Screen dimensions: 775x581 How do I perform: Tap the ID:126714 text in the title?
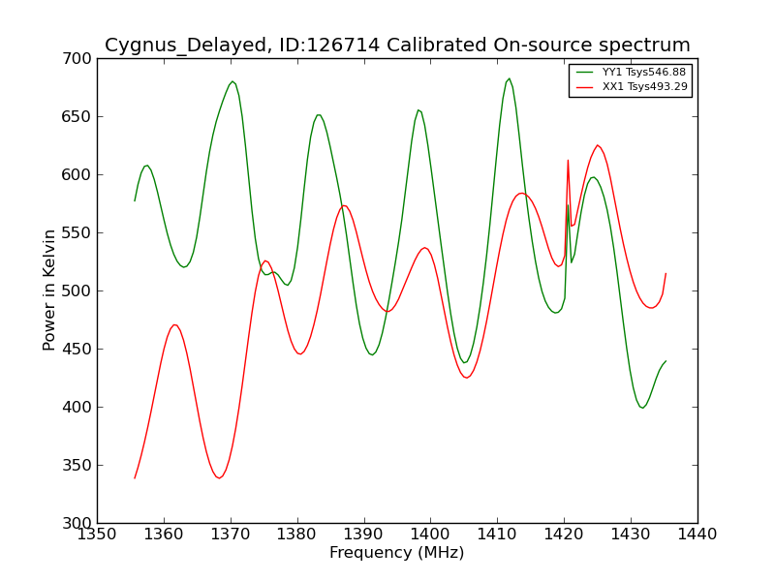tap(329, 45)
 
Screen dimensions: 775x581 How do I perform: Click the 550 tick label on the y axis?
tap(77, 232)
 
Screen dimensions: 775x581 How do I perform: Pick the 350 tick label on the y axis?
tap(77, 466)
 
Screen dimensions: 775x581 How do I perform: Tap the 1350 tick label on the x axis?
tap(97, 535)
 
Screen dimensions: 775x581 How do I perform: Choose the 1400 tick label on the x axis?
tap(430, 535)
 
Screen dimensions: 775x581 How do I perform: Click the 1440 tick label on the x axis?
tap(697, 535)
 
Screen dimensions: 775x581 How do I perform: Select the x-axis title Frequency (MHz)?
tap(397, 552)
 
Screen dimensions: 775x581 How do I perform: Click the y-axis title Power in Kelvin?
tap(49, 290)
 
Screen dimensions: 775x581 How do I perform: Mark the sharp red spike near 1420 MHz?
tap(568, 161)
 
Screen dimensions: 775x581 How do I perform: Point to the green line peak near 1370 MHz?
tap(232, 81)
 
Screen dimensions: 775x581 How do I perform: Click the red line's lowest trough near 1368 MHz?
tap(219, 478)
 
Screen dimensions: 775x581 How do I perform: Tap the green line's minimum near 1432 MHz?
tap(642, 408)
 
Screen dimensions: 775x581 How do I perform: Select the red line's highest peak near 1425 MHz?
tap(598, 145)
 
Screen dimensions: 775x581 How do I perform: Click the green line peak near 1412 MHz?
tap(510, 78)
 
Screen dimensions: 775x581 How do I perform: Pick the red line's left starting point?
tap(135, 478)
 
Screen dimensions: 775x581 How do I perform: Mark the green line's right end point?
tap(666, 361)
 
